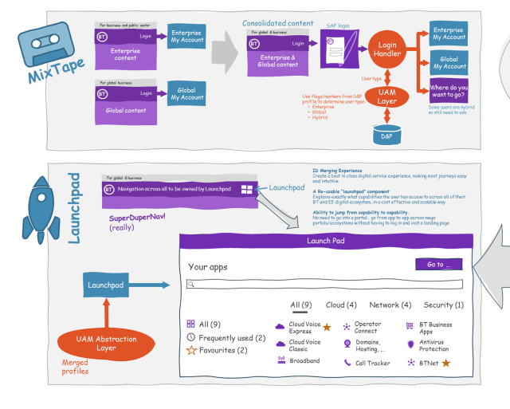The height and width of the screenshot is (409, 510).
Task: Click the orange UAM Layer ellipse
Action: [386, 96]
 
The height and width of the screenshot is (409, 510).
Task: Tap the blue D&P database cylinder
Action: [386, 135]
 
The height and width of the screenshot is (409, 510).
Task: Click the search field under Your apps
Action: [324, 283]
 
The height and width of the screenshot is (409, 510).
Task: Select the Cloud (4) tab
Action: [341, 305]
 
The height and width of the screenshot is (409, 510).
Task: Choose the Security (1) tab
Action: [444, 305]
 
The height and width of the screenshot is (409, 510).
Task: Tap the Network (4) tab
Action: [390, 305]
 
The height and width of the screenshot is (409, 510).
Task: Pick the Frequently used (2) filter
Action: [226, 337]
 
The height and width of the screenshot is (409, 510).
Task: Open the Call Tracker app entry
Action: [366, 363]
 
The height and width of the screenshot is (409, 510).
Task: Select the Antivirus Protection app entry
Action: [433, 344]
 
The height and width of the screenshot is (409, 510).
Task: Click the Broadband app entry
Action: [304, 360]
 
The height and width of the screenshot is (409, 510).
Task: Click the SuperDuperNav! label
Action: [136, 217]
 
